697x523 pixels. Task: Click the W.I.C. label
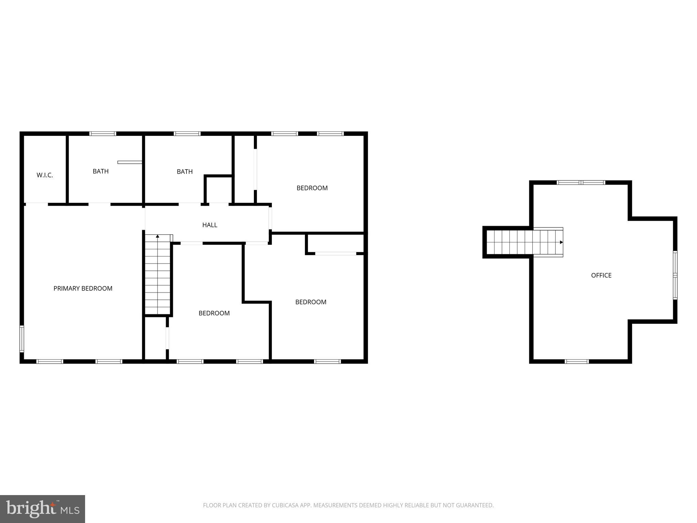pyautogui.click(x=45, y=175)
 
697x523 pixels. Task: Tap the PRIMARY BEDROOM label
pyautogui.click(x=83, y=288)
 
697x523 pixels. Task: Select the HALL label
pyautogui.click(x=210, y=225)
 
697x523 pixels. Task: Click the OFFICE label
pyautogui.click(x=601, y=275)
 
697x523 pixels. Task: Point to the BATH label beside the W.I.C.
pyautogui.click(x=101, y=171)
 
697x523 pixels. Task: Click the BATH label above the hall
pyautogui.click(x=184, y=172)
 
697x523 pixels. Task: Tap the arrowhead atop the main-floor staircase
pyautogui.click(x=158, y=236)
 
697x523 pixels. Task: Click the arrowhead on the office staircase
pyautogui.click(x=561, y=242)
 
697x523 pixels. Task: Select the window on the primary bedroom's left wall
pyautogui.click(x=22, y=338)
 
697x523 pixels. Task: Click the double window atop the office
pyautogui.click(x=581, y=183)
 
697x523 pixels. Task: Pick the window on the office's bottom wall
pyautogui.click(x=577, y=361)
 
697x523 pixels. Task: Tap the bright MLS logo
pyautogui.click(x=43, y=509)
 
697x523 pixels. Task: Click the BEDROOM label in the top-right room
pyautogui.click(x=312, y=188)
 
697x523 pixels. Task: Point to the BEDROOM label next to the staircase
pyautogui.click(x=214, y=313)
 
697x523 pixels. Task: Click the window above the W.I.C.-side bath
pyautogui.click(x=103, y=134)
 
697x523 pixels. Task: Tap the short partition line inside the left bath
pyautogui.click(x=130, y=162)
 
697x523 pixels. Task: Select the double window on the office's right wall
pyautogui.click(x=675, y=275)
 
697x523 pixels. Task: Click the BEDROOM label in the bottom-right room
pyautogui.click(x=311, y=302)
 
